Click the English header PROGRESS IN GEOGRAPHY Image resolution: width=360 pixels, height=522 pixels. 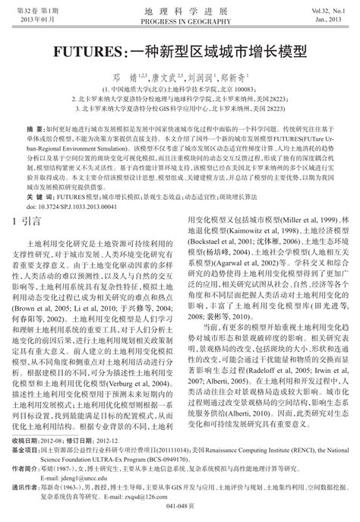point(179,21)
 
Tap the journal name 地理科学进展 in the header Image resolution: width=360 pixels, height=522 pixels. point(179,11)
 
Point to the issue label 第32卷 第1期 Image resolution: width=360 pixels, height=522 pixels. point(34,11)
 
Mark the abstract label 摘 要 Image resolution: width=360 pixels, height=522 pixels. point(34,130)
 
